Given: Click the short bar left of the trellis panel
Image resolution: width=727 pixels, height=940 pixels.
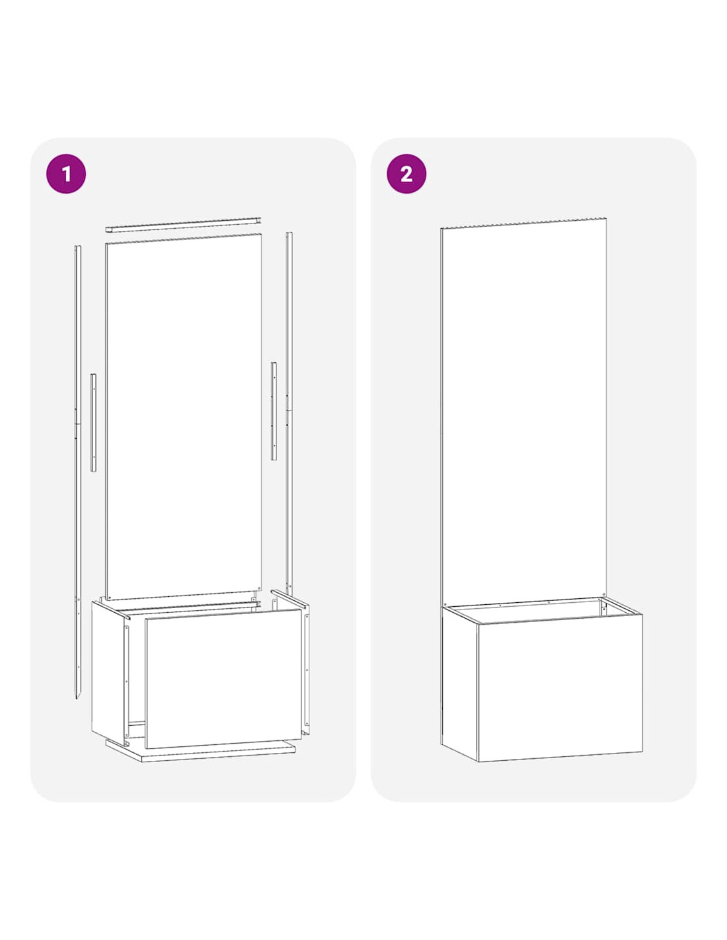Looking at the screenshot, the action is tap(93, 422).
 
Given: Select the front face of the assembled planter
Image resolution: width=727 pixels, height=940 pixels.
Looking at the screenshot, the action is tap(560, 687).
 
